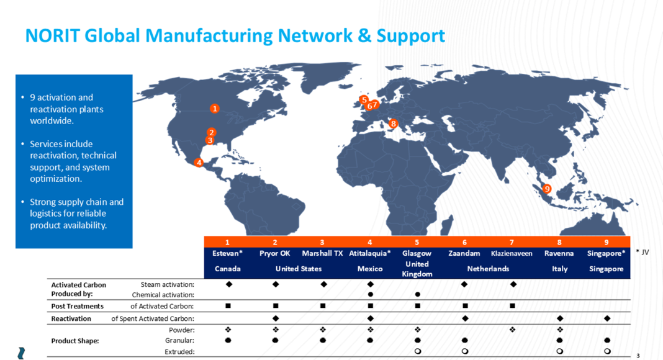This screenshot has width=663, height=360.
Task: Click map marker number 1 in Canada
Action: click(214, 109)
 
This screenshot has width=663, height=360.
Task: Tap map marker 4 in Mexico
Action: click(198, 162)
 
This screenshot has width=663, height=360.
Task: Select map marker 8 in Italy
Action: click(393, 124)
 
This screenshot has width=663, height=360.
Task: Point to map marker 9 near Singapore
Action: click(547, 189)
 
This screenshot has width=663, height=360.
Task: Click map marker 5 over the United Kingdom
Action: click(364, 100)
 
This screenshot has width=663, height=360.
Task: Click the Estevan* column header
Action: click(227, 253)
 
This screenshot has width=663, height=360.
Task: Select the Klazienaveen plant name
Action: click(512, 253)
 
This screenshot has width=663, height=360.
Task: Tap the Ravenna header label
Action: click(559, 253)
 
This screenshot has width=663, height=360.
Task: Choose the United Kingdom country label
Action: click(417, 269)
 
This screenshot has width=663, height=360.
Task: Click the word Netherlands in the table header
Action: click(488, 269)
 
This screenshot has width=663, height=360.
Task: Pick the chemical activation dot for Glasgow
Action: click(418, 294)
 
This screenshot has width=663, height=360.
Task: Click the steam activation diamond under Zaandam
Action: click(464, 284)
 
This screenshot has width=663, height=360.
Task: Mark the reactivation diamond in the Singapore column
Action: click(607, 318)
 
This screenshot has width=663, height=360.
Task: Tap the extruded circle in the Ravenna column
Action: click(560, 351)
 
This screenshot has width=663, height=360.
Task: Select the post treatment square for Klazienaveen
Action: click(512, 305)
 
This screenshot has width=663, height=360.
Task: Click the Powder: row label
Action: click(182, 330)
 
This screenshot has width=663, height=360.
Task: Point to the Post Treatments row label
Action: click(78, 306)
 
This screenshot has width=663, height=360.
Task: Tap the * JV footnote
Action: click(643, 252)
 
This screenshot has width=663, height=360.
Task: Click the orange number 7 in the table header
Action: click(512, 242)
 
